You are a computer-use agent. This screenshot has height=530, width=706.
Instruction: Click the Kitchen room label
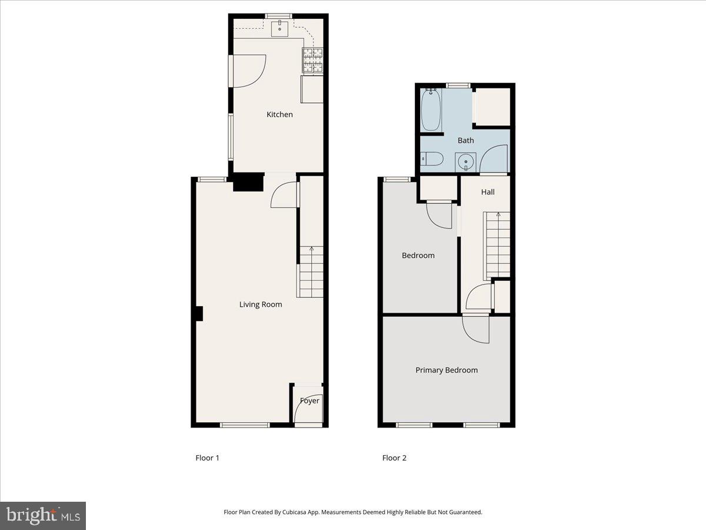279,114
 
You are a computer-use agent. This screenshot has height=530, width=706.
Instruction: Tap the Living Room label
260,304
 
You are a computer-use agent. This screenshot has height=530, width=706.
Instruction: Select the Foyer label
309,401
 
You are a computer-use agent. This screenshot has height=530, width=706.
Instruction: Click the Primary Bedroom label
447,370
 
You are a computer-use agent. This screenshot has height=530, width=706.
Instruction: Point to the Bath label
465,141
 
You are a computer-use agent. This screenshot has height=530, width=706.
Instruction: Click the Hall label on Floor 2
488,192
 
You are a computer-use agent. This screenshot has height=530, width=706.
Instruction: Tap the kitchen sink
280,28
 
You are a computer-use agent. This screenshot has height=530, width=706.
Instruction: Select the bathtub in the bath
431,110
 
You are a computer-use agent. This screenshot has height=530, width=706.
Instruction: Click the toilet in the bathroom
432,159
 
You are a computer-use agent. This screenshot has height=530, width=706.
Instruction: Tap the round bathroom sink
466,161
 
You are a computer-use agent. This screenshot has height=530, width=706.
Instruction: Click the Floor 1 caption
207,458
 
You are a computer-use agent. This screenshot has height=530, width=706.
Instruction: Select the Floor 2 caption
394,458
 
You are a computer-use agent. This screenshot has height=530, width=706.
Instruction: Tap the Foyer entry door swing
308,408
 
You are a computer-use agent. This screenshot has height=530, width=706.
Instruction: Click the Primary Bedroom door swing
475,329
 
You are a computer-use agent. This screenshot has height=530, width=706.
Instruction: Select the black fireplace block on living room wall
199,314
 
